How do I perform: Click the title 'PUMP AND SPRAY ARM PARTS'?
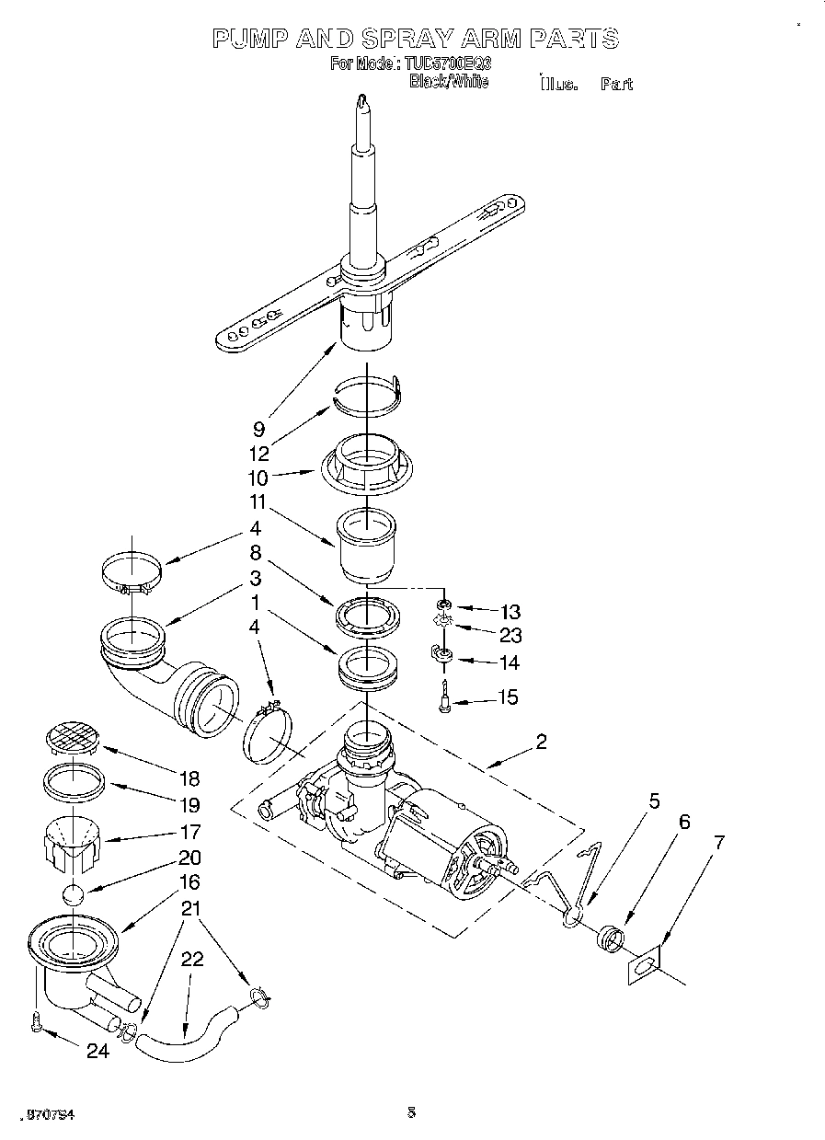click(x=415, y=38)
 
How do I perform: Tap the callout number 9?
click(x=258, y=428)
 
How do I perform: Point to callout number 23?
click(x=510, y=635)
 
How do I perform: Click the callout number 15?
click(x=507, y=697)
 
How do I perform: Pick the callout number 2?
click(x=541, y=742)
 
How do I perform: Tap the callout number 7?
click(x=719, y=842)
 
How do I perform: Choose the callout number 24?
click(x=97, y=1050)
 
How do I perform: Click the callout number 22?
click(x=191, y=958)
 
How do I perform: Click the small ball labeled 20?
click(x=72, y=894)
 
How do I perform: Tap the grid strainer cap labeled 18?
click(x=72, y=738)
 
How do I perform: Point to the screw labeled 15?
click(x=445, y=697)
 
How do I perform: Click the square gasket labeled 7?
click(x=643, y=966)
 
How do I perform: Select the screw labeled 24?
click(x=35, y=1022)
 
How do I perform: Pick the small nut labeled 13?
click(x=444, y=605)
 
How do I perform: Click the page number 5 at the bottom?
click(x=411, y=1112)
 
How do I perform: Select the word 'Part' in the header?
click(x=616, y=85)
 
